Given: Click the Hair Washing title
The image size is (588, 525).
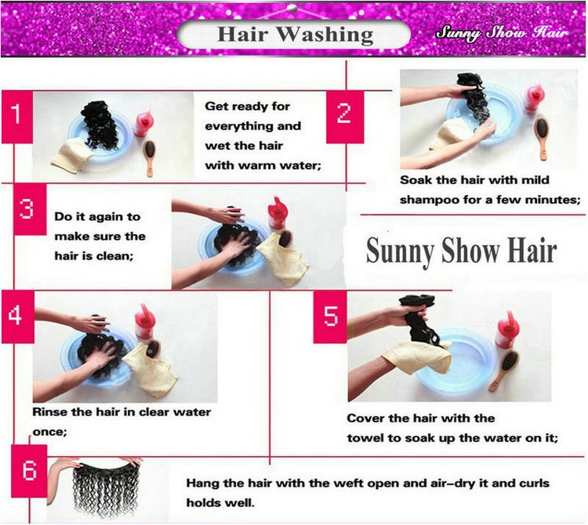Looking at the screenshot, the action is (295, 34).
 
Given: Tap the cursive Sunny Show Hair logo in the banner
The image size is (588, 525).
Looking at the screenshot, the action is (503, 33).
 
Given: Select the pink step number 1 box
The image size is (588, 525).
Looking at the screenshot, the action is (17, 117).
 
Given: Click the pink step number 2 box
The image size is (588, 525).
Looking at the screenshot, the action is (345, 117).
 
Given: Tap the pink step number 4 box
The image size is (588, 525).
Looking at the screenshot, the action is (17, 317).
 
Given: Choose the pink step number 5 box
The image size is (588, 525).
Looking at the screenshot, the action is (330, 317).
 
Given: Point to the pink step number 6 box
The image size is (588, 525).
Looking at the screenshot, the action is (29, 471).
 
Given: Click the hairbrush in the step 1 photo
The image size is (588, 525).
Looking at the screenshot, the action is (150, 157).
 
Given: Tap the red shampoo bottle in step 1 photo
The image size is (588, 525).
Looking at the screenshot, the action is (144, 123).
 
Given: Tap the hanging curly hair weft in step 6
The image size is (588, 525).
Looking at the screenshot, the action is (106, 489).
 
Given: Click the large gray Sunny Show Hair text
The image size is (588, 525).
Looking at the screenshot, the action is (461, 252).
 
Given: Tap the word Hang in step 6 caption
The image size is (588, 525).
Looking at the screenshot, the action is (202, 483).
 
